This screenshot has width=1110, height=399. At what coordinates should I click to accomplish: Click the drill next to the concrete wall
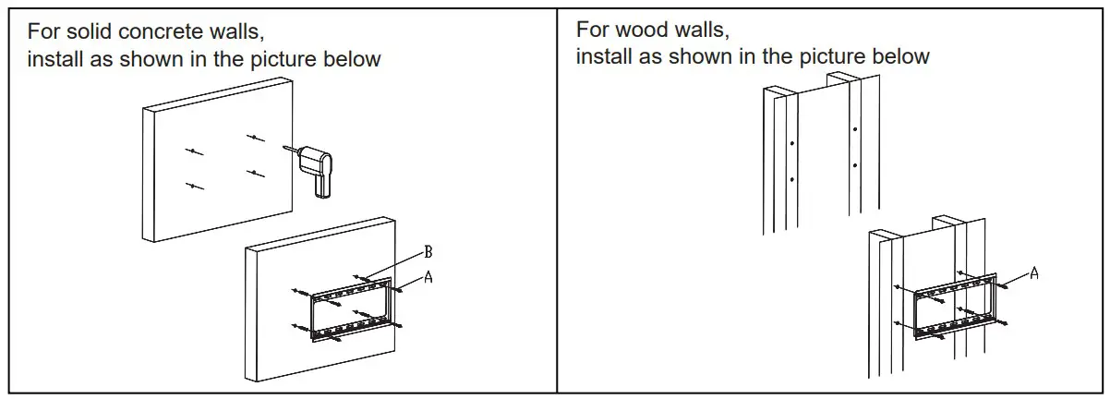pyautogui.click(x=320, y=166)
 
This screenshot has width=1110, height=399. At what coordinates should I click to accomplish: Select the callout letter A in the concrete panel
pyautogui.click(x=428, y=276)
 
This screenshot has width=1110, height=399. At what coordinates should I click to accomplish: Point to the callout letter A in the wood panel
pyautogui.click(x=1034, y=272)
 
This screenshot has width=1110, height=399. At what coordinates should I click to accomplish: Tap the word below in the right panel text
pyautogui.click(x=899, y=56)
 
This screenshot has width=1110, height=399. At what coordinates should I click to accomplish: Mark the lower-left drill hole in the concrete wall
pyautogui.click(x=193, y=186)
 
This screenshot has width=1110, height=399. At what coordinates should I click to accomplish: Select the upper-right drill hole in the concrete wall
pyautogui.click(x=252, y=138)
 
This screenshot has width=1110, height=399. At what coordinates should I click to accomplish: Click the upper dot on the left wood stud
pyautogui.click(x=792, y=144)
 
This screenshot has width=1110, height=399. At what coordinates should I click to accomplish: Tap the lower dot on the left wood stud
pyautogui.click(x=792, y=179)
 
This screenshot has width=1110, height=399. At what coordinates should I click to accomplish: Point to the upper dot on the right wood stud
pyautogui.click(x=856, y=129)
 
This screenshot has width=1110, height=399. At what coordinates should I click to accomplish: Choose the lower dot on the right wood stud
pyautogui.click(x=856, y=165)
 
